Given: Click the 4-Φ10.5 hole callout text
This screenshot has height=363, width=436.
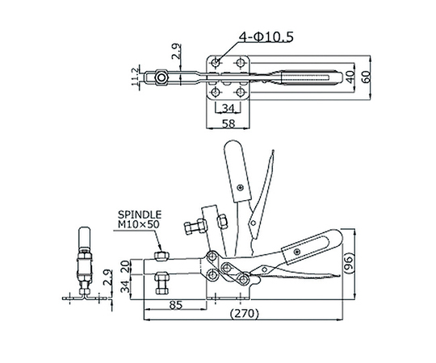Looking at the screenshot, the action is [266, 37].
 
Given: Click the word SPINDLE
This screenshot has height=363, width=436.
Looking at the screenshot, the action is [140, 215].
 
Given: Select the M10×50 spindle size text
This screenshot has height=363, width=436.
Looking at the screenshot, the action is [139, 224].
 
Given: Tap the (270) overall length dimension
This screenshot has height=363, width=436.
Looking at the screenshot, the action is [244, 313].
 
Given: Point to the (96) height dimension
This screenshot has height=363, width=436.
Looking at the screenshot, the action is [349, 263].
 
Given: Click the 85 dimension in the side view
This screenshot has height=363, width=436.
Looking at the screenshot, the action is [176, 305].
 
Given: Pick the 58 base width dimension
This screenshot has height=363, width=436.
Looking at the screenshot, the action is [228, 123].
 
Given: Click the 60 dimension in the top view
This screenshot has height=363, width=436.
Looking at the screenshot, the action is [367, 77].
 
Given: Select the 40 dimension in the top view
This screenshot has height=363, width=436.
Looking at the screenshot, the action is [350, 77].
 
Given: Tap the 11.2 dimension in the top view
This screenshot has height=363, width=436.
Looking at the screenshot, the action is [135, 77].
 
